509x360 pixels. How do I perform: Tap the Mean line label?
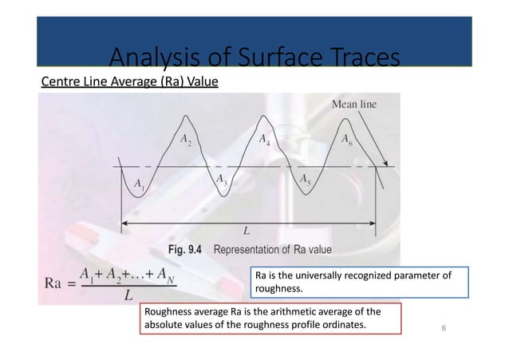[353, 103]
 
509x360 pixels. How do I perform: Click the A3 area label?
[222, 181]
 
